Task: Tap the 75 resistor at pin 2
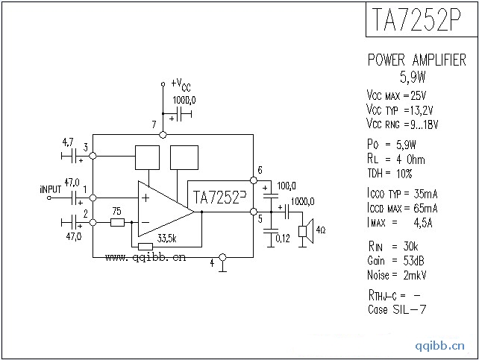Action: click(x=117, y=222)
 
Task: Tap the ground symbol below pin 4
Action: click(x=222, y=268)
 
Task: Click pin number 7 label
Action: click(x=154, y=124)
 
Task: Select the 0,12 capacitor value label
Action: click(x=283, y=239)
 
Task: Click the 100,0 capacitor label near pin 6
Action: click(x=286, y=186)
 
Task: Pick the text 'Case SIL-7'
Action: click(x=397, y=310)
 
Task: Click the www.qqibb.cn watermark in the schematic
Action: click(x=145, y=259)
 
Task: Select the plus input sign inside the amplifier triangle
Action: click(x=145, y=198)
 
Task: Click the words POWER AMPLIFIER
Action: click(x=416, y=60)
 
